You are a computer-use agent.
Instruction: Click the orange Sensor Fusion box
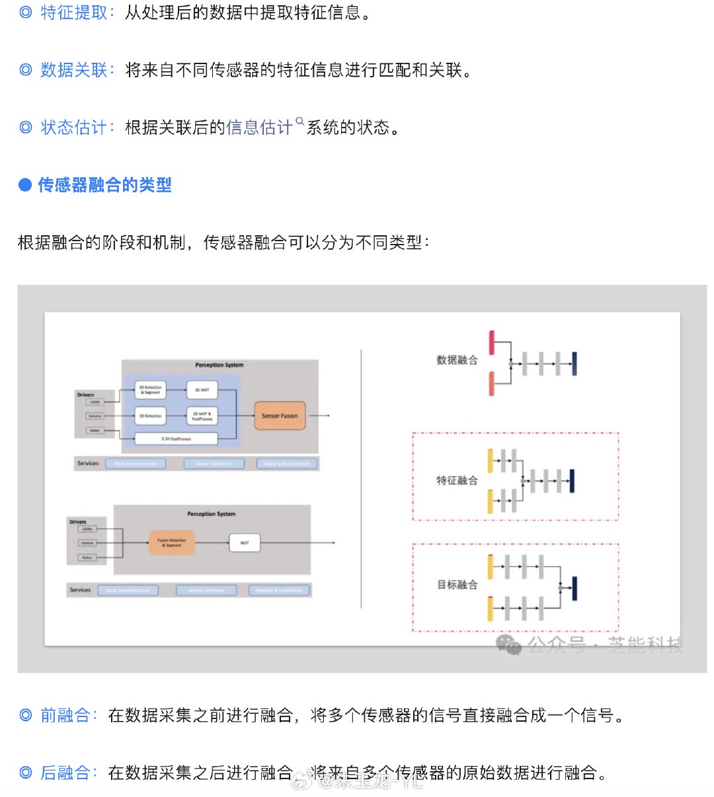tap(280, 416)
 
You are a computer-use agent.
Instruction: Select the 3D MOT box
tap(202, 390)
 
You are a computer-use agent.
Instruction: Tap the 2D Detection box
tap(150, 416)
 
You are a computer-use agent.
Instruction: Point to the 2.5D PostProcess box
tap(176, 438)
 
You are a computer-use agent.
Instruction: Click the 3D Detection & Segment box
tap(150, 390)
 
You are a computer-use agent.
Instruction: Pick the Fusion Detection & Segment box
tap(171, 543)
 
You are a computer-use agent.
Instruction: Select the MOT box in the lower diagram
tap(245, 543)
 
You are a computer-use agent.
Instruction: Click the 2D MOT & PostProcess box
tap(202, 416)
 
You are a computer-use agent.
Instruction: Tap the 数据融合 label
tap(457, 360)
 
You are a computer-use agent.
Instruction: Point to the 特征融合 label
tap(457, 480)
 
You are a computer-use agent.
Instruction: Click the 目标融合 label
tap(457, 585)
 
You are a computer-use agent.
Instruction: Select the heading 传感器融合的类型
tap(104, 185)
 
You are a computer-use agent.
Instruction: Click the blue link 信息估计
tap(259, 128)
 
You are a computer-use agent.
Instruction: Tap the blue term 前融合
tap(65, 715)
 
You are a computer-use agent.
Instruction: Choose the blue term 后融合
tap(65, 772)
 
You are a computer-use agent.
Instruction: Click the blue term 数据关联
tap(73, 70)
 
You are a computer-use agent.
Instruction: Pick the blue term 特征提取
tap(73, 13)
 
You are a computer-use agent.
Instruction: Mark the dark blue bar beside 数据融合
tap(574, 363)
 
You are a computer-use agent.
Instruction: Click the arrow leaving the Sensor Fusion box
tap(319, 416)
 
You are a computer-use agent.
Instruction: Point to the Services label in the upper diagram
tap(88, 463)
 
